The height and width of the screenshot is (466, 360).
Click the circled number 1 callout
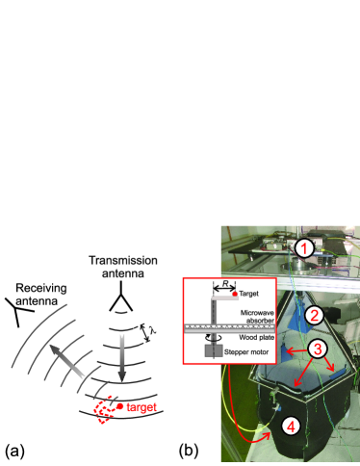[304, 249]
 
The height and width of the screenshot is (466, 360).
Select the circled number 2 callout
[314, 316]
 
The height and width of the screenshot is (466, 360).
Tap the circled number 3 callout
[318, 349]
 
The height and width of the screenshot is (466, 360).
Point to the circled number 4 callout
[291, 427]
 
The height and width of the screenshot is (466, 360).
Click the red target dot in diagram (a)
[120, 406]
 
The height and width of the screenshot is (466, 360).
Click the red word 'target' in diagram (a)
[141, 407]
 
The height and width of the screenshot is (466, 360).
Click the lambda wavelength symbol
[153, 330]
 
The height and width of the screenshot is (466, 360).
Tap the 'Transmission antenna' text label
[123, 267]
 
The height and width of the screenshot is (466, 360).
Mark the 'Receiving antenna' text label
[41, 295]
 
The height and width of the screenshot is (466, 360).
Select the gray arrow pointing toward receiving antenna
[66, 360]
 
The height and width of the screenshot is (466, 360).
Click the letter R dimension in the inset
[225, 284]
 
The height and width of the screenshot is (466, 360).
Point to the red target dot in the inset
[235, 294]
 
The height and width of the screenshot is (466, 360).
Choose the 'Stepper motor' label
[246, 352]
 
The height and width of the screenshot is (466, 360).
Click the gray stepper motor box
[214, 350]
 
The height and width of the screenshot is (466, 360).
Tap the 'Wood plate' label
[256, 338]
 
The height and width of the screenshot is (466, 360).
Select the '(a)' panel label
[14, 452]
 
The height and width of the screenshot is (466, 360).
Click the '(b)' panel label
[189, 452]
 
